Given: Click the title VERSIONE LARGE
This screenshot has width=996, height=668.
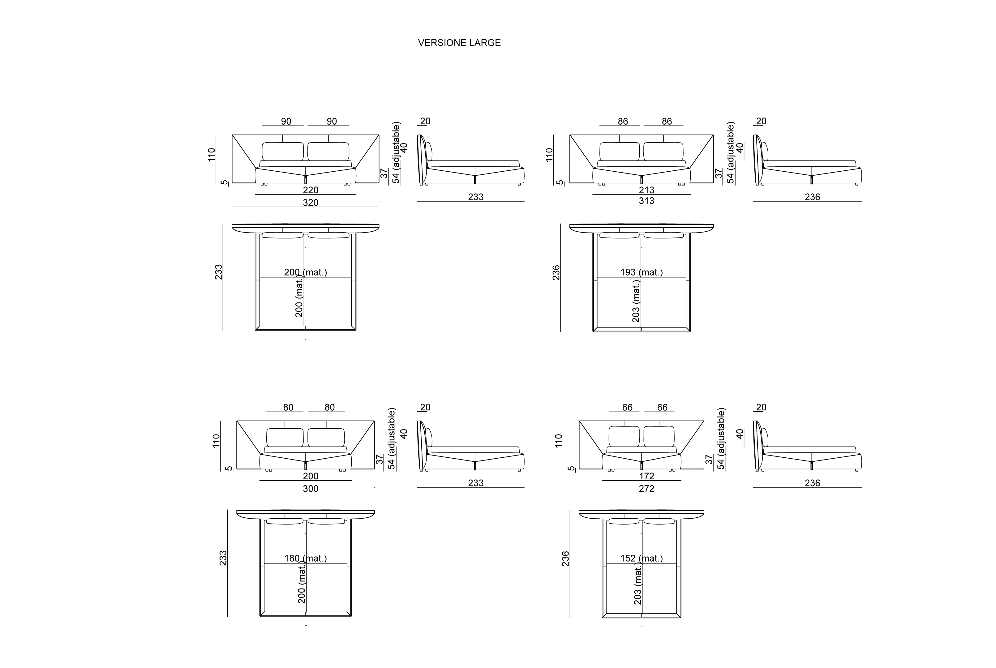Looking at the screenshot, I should tap(459, 43).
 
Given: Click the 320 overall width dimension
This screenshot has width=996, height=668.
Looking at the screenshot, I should tap(311, 203).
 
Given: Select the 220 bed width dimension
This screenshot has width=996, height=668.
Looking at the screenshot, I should tap(311, 190).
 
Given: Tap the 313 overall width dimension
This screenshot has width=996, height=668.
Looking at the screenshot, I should tap(646, 201).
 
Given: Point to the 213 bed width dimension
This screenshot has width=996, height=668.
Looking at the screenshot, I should tap(646, 190).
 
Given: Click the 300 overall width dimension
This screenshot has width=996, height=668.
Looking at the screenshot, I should tap(311, 489).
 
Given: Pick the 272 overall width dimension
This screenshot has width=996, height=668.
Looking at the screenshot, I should tap(646, 489).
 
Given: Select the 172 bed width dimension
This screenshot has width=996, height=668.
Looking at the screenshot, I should tap(646, 476).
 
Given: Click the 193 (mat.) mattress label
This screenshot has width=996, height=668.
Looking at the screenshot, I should tap(641, 272).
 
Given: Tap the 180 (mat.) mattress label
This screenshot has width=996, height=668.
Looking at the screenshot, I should tap(305, 558).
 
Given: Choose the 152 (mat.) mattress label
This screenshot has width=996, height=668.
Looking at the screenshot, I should tap(641, 558).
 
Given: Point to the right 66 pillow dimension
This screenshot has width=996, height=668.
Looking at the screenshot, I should tap(662, 407).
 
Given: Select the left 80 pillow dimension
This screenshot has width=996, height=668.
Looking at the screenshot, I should tap(288, 407).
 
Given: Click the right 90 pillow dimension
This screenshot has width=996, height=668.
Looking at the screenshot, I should tap(331, 122).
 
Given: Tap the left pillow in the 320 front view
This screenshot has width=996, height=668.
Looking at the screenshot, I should tap(282, 151).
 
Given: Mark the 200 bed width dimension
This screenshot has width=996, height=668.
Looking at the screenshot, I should tap(311, 476).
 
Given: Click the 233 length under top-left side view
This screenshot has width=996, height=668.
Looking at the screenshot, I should tap(475, 197).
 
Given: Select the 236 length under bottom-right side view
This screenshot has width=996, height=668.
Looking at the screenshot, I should tap(812, 483).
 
